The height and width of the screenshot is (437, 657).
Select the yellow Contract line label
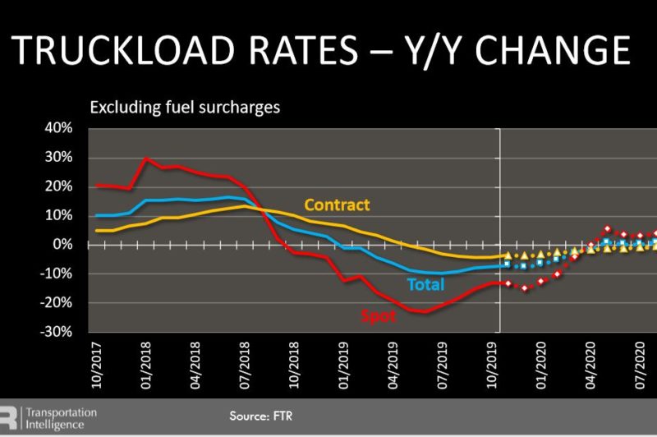337,205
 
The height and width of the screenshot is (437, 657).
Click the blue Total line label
425,284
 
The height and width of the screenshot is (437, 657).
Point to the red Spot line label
379,314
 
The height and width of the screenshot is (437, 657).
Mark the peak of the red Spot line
146,158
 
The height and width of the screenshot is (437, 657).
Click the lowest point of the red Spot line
422,312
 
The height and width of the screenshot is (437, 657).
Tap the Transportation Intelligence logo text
61,418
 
